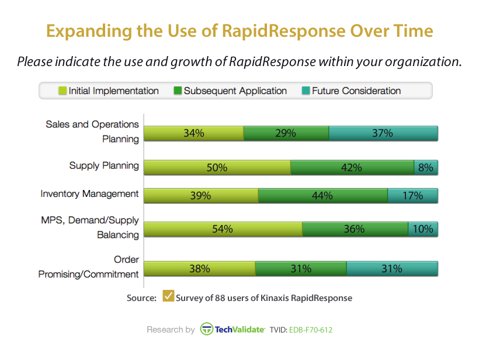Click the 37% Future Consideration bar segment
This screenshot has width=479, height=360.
coord(383,133)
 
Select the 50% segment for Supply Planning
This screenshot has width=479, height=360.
coord(217,167)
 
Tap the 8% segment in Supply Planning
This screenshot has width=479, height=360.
coord(426,167)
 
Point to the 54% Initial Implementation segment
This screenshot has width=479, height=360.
coord(223,229)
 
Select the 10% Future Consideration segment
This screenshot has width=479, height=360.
coord(423,229)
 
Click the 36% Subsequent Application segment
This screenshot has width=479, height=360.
coord(355,229)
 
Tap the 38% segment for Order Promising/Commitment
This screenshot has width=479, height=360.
coord(199,269)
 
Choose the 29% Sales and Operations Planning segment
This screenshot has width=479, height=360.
coord(286,133)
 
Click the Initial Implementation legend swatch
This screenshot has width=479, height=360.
coord(63,91)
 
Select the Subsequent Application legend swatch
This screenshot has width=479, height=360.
coord(178,91)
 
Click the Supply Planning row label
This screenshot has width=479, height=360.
coord(104,165)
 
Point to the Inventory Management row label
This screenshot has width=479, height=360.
coord(89,193)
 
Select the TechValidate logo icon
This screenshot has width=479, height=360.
coord(206,329)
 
